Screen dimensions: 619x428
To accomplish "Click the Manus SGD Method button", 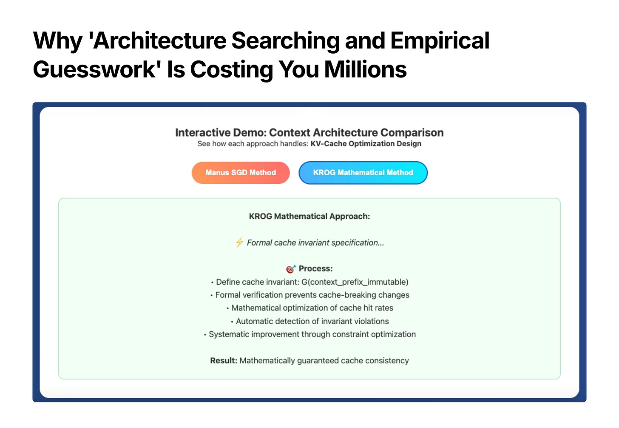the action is click(x=241, y=173).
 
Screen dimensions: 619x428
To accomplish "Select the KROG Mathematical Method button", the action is click(x=363, y=173).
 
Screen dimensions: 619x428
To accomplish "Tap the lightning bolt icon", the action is click(x=239, y=243).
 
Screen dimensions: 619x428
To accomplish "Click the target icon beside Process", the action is click(x=291, y=269).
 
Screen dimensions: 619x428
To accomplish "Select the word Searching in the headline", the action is click(x=285, y=41).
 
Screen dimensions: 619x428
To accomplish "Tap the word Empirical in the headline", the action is click(x=440, y=41).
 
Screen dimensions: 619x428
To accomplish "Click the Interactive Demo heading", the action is click(x=309, y=132).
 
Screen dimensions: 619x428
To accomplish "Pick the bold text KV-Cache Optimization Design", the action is click(x=366, y=144).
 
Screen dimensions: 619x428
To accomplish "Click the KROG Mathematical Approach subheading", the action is click(x=309, y=216).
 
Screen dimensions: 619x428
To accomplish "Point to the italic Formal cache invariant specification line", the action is click(x=315, y=243).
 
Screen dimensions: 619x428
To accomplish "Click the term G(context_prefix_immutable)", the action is click(x=355, y=282).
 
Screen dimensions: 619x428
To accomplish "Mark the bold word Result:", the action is click(x=224, y=360).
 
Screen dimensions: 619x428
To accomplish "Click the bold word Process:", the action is click(x=315, y=268).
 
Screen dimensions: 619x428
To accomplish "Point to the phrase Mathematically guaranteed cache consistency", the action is click(x=324, y=361).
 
